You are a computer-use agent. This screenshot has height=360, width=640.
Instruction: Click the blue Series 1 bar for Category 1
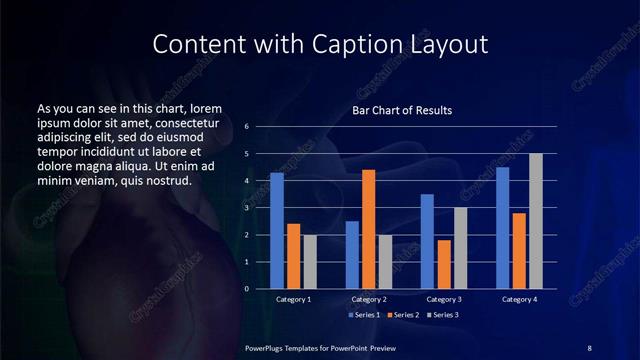[x=277, y=231]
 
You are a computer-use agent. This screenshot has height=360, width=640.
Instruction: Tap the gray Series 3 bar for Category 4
[x=536, y=221]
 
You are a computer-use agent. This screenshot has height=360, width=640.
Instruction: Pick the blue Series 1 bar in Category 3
[x=427, y=241]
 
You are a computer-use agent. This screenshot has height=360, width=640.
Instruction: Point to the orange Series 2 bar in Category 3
[x=444, y=264]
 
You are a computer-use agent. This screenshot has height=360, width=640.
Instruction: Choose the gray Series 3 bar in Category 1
[x=310, y=262]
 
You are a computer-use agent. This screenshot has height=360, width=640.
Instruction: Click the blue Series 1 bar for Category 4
[x=502, y=228]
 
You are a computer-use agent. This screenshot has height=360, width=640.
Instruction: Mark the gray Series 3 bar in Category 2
[x=386, y=262]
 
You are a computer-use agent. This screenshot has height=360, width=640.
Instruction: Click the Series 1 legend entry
[x=364, y=315]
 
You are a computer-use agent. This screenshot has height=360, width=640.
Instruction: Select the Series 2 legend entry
[x=404, y=315]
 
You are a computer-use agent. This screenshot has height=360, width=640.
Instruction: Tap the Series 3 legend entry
[x=444, y=315]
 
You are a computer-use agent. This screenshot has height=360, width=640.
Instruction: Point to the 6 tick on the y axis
[x=246, y=127]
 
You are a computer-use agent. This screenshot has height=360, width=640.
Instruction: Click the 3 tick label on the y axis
[x=246, y=208]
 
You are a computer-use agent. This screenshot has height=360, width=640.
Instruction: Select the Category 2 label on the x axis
[x=369, y=299]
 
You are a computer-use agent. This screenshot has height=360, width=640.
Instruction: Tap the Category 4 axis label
[x=519, y=299]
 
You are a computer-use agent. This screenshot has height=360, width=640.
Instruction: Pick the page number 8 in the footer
[x=589, y=347]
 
